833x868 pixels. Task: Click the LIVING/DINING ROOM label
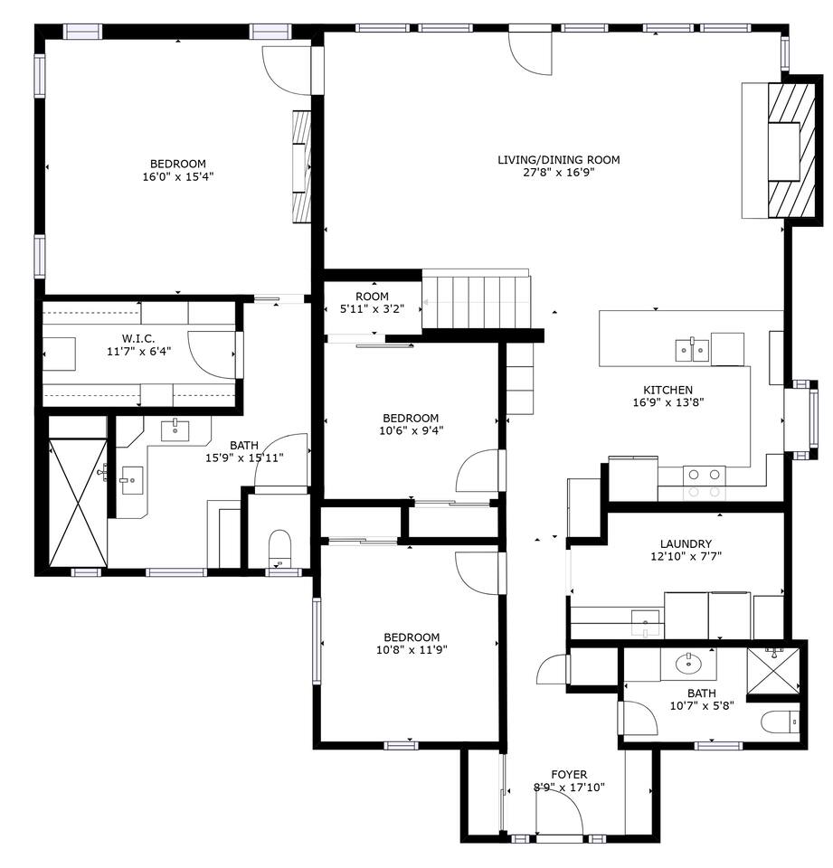(558, 160)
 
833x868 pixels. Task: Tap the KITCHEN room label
(668, 390)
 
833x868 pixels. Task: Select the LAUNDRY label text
(686, 543)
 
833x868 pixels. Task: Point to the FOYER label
(569, 775)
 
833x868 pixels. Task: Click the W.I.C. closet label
(138, 339)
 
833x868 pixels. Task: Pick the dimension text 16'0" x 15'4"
(178, 176)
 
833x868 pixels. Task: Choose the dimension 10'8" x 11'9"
(412, 650)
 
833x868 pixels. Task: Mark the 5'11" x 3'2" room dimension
(373, 309)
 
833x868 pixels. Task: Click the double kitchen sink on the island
(692, 350)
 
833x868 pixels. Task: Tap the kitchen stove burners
(704, 483)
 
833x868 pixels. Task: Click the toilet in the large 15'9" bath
(279, 549)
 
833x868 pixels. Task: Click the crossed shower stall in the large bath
(78, 503)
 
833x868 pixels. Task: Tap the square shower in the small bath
(773, 670)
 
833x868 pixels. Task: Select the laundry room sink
(646, 623)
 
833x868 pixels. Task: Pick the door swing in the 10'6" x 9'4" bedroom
(477, 470)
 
